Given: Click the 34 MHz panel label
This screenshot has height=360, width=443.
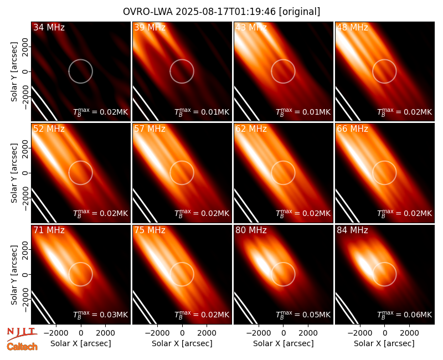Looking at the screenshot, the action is pyautogui.click(x=49, y=27).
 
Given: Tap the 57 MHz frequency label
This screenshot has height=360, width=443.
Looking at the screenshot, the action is pyautogui.click(x=150, y=129).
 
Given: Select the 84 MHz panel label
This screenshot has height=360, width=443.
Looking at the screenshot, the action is pyautogui.click(x=352, y=230).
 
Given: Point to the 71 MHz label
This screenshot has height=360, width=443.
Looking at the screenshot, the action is pyautogui.click(x=49, y=230).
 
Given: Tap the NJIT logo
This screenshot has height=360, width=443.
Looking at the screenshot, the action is pyautogui.click(x=22, y=333).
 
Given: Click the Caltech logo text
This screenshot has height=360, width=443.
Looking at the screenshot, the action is pyautogui.click(x=22, y=347).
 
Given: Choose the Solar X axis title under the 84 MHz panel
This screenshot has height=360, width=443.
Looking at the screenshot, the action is pyautogui.click(x=384, y=343).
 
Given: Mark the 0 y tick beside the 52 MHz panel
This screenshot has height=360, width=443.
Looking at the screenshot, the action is pyautogui.click(x=25, y=173).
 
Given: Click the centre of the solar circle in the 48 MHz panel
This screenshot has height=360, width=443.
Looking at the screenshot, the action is pyautogui.click(x=384, y=71).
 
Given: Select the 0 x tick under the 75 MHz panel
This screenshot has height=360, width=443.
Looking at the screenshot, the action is pyautogui.click(x=182, y=333).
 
